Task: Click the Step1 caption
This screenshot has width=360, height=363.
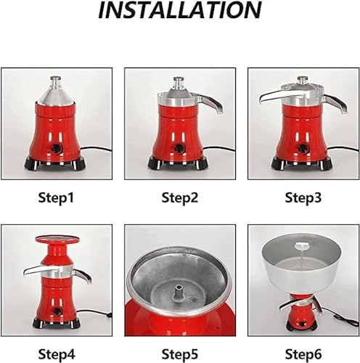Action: [55, 197]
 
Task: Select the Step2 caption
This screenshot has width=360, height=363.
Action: [179, 197]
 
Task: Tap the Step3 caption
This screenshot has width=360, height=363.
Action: [303, 197]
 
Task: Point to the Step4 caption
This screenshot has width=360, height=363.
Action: [55, 355]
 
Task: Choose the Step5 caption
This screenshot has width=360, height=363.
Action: [179, 355]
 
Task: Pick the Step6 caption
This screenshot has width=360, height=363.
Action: [303, 355]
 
